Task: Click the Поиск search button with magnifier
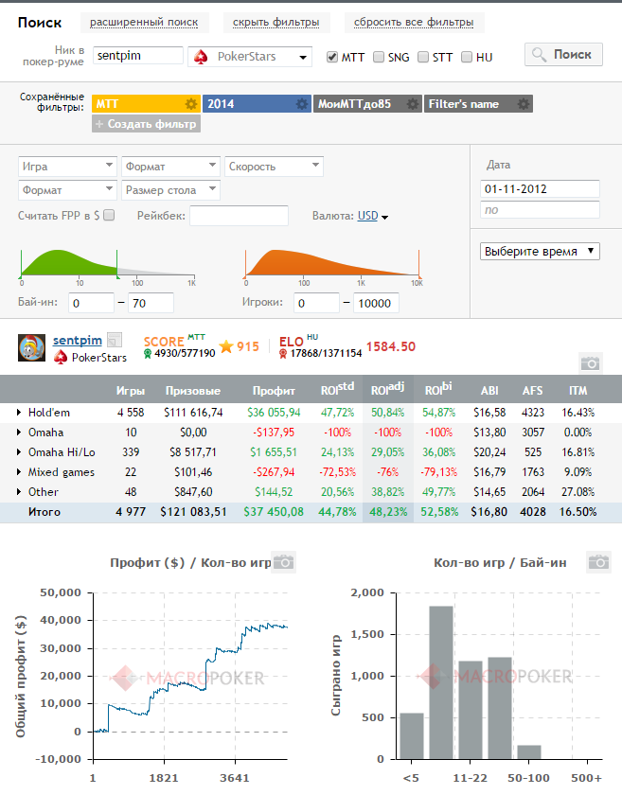[563, 55]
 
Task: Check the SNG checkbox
[379, 57]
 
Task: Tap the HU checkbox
[467, 57]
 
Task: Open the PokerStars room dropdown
[250, 57]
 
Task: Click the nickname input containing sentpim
[138, 56]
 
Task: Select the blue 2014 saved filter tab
[257, 104]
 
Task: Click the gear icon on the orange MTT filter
[190, 104]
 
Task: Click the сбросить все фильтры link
[414, 23]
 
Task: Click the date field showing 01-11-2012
[540, 189]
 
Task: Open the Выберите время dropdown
[540, 252]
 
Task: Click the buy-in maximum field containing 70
[151, 303]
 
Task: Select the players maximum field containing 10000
[376, 303]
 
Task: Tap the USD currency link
[368, 216]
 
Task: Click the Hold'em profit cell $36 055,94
[274, 413]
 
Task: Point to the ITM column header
[578, 391]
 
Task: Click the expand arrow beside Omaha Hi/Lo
[19, 451]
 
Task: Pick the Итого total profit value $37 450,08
[274, 512]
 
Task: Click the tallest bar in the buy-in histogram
[441, 682]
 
